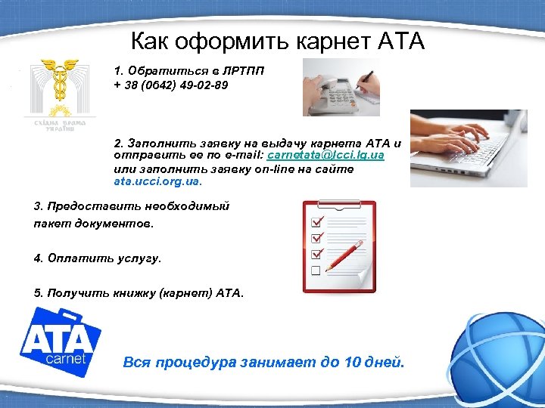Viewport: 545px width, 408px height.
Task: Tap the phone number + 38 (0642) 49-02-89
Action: click(x=170, y=85)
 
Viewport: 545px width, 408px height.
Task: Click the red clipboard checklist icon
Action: click(x=339, y=246)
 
